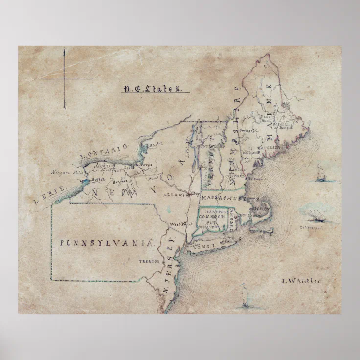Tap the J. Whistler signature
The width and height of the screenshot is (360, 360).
(301, 281)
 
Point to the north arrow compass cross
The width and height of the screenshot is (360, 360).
(64, 78)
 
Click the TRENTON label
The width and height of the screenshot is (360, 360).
(149, 262)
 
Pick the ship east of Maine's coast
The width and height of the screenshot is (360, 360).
(321, 174)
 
